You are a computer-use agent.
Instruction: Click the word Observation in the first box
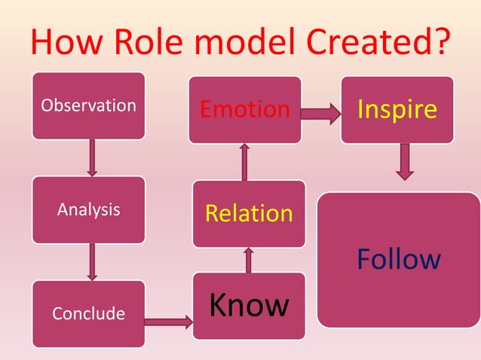click(89, 105)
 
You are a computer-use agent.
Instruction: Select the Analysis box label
click(89, 209)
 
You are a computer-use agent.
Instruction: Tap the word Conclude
click(89, 313)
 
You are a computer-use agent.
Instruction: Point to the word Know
click(249, 305)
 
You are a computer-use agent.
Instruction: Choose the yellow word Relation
click(249, 213)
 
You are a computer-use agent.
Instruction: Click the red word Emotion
click(244, 110)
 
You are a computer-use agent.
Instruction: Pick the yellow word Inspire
click(397, 109)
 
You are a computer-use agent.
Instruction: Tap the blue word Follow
click(399, 260)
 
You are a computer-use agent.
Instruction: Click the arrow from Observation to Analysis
click(92, 157)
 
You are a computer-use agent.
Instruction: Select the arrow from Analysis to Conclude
click(92, 261)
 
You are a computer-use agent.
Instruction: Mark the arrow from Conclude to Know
click(168, 322)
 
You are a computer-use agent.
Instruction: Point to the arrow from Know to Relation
click(249, 260)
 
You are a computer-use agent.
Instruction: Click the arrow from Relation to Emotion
click(244, 162)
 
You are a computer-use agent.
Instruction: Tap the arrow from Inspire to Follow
click(405, 161)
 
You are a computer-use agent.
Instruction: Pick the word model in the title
click(254, 43)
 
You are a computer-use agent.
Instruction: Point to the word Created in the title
click(367, 43)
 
